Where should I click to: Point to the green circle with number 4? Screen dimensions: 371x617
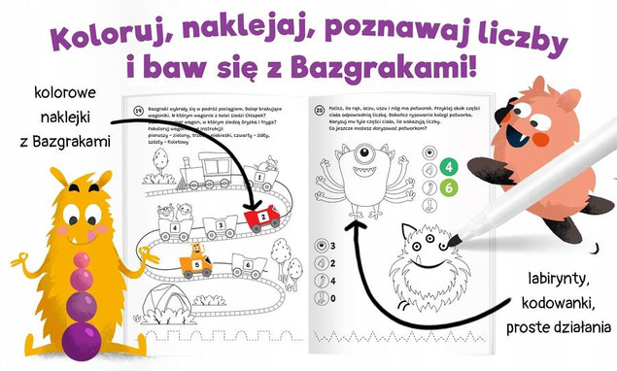tap(449, 166)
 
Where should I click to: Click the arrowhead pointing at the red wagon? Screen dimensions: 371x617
tap(255, 208)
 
